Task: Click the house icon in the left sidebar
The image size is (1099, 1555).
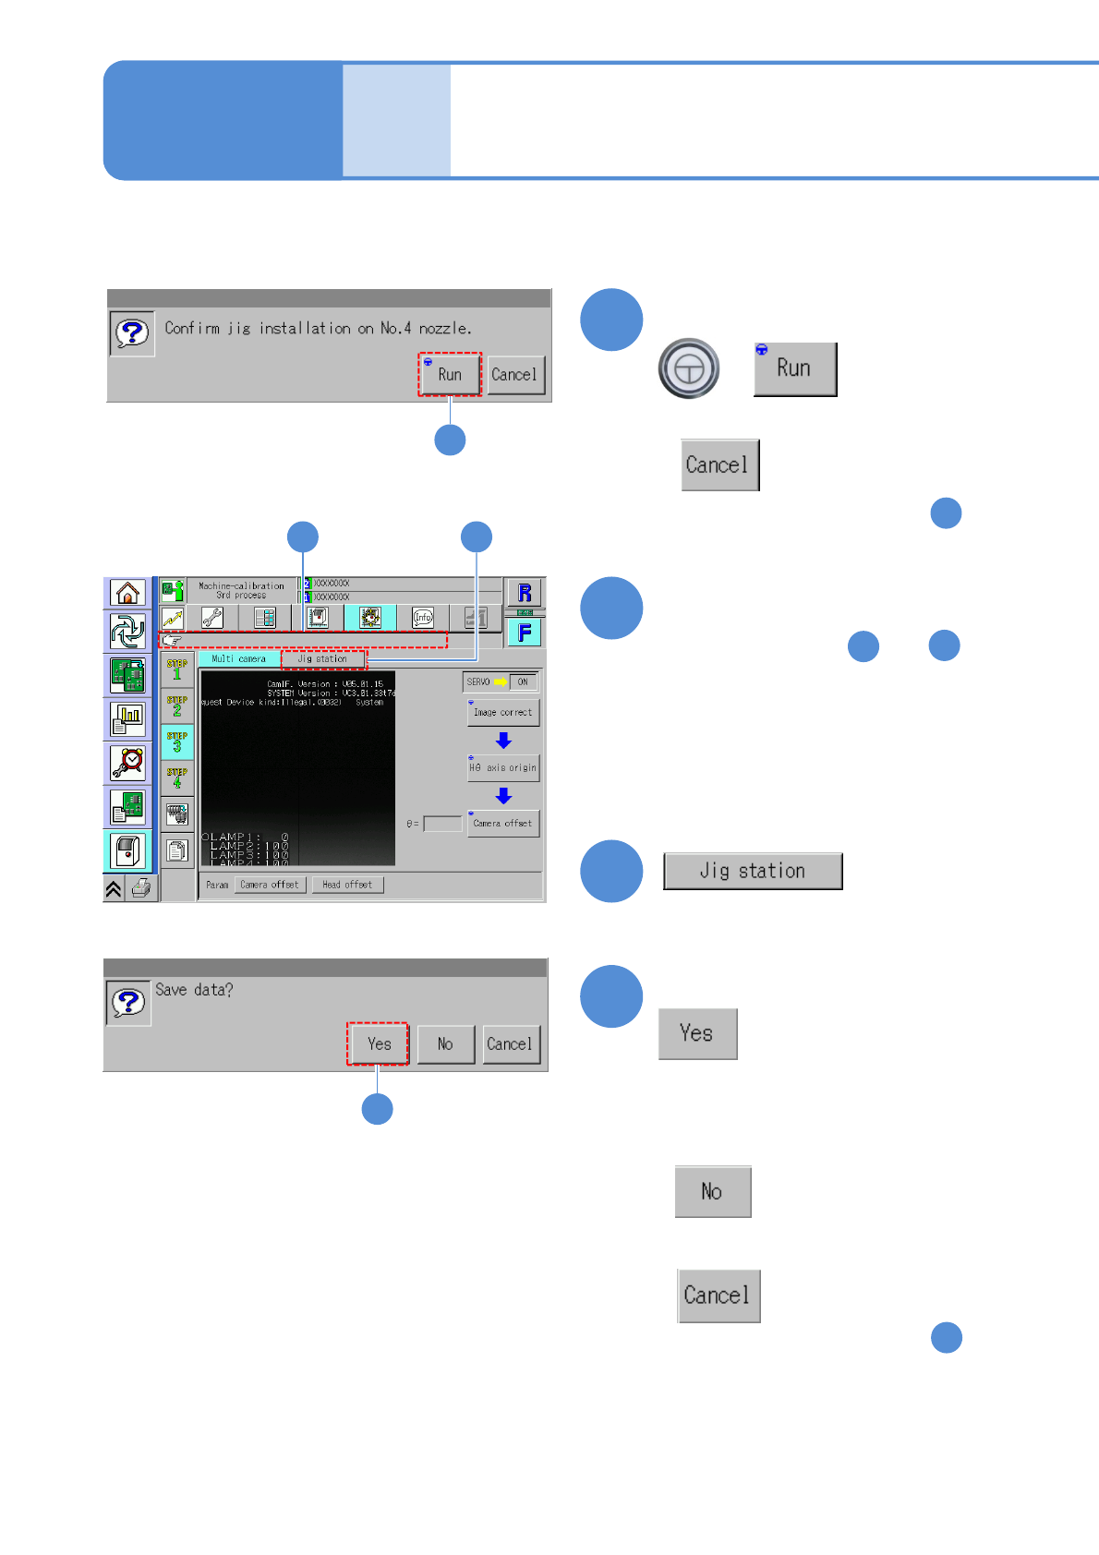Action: coord(127,593)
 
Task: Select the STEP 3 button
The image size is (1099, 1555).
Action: coord(176,741)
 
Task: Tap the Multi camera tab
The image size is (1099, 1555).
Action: coord(238,659)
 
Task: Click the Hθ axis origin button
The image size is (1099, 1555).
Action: coord(503,767)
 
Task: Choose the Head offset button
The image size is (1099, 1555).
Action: coord(347,885)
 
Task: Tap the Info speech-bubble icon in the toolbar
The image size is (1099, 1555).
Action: coord(423,618)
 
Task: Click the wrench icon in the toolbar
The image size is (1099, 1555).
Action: coord(212,618)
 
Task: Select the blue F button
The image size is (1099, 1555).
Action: coord(525,633)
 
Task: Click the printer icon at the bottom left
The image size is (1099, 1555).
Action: coord(141,888)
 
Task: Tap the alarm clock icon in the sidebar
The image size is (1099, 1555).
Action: coord(127,762)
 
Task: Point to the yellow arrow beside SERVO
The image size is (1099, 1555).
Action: coord(501,682)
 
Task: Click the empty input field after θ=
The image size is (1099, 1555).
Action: coord(442,824)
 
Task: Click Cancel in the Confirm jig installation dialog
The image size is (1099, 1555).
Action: coord(514,375)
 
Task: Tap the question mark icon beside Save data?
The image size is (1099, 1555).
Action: coord(128,1002)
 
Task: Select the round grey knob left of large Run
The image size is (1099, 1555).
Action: coord(689,368)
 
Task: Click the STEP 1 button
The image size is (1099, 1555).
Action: coord(176,669)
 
